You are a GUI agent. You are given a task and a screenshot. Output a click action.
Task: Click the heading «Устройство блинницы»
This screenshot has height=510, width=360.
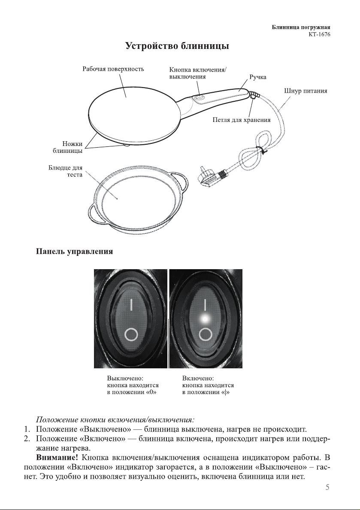[177, 46]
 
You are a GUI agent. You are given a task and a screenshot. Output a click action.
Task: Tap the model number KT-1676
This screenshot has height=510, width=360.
[319, 34]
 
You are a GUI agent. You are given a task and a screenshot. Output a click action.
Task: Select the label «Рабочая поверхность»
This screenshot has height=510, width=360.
[113, 69]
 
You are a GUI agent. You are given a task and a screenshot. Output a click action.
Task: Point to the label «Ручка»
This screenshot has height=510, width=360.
[258, 77]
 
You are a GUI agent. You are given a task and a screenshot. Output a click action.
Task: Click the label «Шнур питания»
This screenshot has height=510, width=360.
[306, 91]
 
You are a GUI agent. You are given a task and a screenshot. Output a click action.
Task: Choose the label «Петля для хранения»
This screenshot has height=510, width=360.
[242, 120]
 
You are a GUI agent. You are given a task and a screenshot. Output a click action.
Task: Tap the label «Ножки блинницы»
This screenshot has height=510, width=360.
[68, 147]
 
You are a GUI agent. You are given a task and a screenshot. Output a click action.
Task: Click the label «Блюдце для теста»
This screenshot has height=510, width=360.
[65, 171]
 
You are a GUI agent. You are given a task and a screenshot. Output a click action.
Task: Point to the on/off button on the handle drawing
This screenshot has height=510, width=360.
[198, 97]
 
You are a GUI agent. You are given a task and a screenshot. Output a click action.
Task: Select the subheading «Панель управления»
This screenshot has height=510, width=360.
[75, 252]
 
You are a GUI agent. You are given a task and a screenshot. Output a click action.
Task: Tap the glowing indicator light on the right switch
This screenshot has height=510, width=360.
[205, 319]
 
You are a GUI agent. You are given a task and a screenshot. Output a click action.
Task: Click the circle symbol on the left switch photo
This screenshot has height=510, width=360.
[131, 334]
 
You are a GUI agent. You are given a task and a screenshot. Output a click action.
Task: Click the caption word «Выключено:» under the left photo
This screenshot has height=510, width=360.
[126, 379]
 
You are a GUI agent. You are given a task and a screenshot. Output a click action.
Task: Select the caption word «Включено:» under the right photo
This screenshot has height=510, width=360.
[198, 379]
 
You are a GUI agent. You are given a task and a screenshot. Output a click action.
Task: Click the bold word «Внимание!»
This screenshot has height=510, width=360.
[57, 458]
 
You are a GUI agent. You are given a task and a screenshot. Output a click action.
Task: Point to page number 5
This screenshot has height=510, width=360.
[327, 487]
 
